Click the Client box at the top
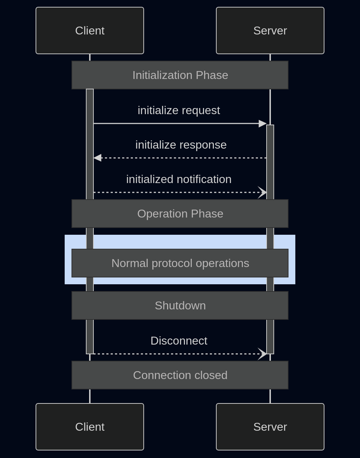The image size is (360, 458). coord(90,31)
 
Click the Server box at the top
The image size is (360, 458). coord(270,31)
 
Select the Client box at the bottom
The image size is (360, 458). coord(90,427)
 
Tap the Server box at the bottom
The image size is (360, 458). coord(270,427)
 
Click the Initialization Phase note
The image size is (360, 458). coord(180,75)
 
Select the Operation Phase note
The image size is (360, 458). coord(180,214)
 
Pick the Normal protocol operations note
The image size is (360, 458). coord(180,263)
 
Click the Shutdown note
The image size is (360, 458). coord(180,305)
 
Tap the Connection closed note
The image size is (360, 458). coord(180,375)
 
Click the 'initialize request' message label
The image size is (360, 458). coord(179,110)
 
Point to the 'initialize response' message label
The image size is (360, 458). coord(181,145)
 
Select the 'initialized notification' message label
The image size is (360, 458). coord(179,179)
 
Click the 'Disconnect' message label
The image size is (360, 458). coord(179,341)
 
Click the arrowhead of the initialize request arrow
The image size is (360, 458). coord(263,123)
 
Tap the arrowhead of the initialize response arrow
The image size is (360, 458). coord(97,158)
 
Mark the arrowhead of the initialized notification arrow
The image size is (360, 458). coord(263,192)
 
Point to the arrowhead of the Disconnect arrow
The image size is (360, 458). coord(263,354)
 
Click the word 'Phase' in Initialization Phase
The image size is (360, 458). coord(212,75)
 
